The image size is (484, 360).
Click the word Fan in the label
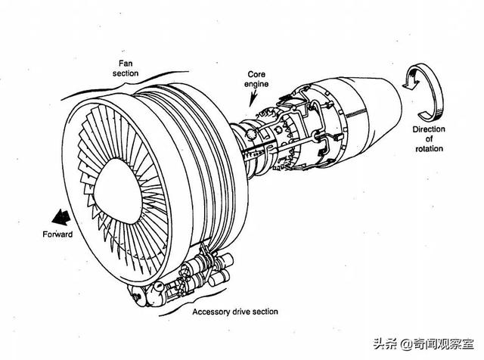click(x=126, y=64)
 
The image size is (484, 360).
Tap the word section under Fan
click(x=126, y=73)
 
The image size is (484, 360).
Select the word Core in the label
click(x=256, y=74)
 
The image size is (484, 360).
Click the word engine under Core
click(x=256, y=84)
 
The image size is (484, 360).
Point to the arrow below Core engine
click(x=254, y=98)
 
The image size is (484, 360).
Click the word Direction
click(x=429, y=129)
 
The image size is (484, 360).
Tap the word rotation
click(x=429, y=149)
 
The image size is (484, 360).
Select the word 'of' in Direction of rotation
click(x=429, y=139)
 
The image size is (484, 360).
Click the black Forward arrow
click(x=60, y=217)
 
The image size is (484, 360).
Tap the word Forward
click(x=57, y=234)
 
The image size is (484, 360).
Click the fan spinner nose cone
click(x=118, y=191)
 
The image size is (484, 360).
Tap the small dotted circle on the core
click(x=251, y=135)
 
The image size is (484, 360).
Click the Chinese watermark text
click(x=423, y=343)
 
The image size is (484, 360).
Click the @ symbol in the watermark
click(x=407, y=344)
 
